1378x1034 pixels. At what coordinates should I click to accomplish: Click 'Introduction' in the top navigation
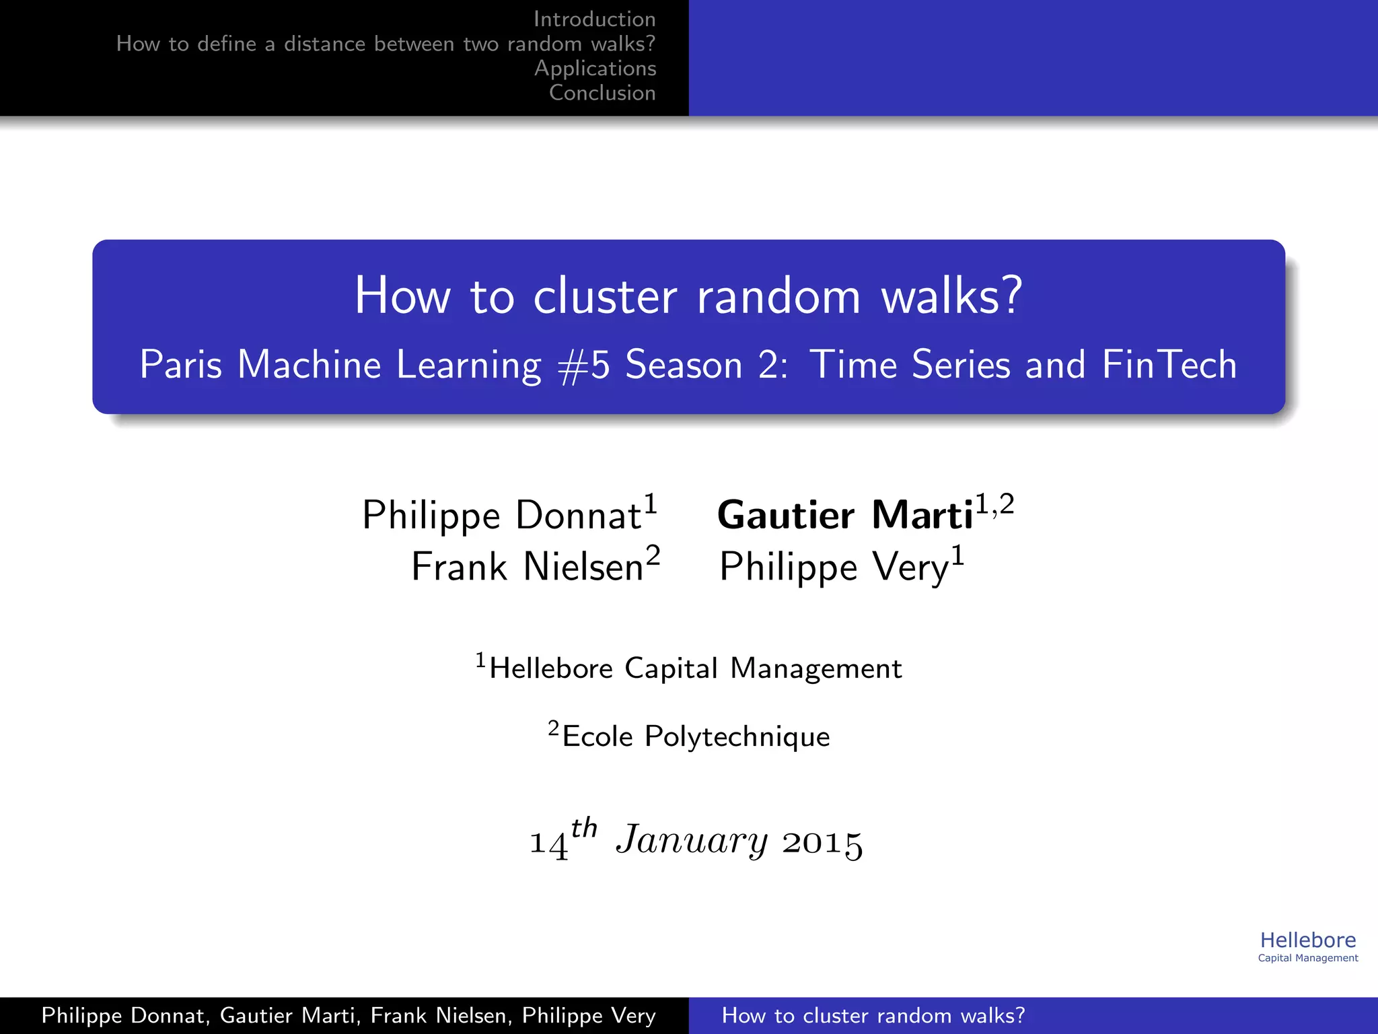pyautogui.click(x=594, y=20)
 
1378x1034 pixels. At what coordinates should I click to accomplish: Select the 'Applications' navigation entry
pyautogui.click(x=595, y=69)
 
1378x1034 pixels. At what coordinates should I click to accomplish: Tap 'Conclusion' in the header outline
pyautogui.click(x=602, y=93)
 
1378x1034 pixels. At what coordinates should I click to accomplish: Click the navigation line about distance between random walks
pyautogui.click(x=386, y=44)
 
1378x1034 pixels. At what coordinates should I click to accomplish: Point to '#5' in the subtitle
pyautogui.click(x=583, y=366)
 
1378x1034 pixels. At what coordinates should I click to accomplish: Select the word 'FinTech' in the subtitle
pyautogui.click(x=1169, y=366)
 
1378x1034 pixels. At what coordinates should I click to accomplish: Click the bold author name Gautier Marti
pyautogui.click(x=845, y=516)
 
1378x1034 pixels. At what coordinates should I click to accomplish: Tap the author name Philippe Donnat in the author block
pyautogui.click(x=501, y=516)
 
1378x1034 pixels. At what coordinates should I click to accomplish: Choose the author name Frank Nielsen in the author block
pyautogui.click(x=528, y=567)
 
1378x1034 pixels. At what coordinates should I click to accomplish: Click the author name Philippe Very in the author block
pyautogui.click(x=834, y=567)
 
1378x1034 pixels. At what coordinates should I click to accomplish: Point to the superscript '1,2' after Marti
pyautogui.click(x=994, y=504)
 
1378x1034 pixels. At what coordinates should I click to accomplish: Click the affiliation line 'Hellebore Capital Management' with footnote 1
pyautogui.click(x=694, y=668)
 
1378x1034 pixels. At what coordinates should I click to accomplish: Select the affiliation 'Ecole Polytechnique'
pyautogui.click(x=695, y=736)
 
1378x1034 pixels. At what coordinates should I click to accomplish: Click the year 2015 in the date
pyautogui.click(x=822, y=842)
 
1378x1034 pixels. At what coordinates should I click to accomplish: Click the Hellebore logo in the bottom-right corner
pyautogui.click(x=1307, y=946)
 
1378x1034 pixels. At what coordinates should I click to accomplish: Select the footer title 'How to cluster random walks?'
pyautogui.click(x=873, y=1015)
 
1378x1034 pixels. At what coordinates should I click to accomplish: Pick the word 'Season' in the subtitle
pyautogui.click(x=684, y=366)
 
